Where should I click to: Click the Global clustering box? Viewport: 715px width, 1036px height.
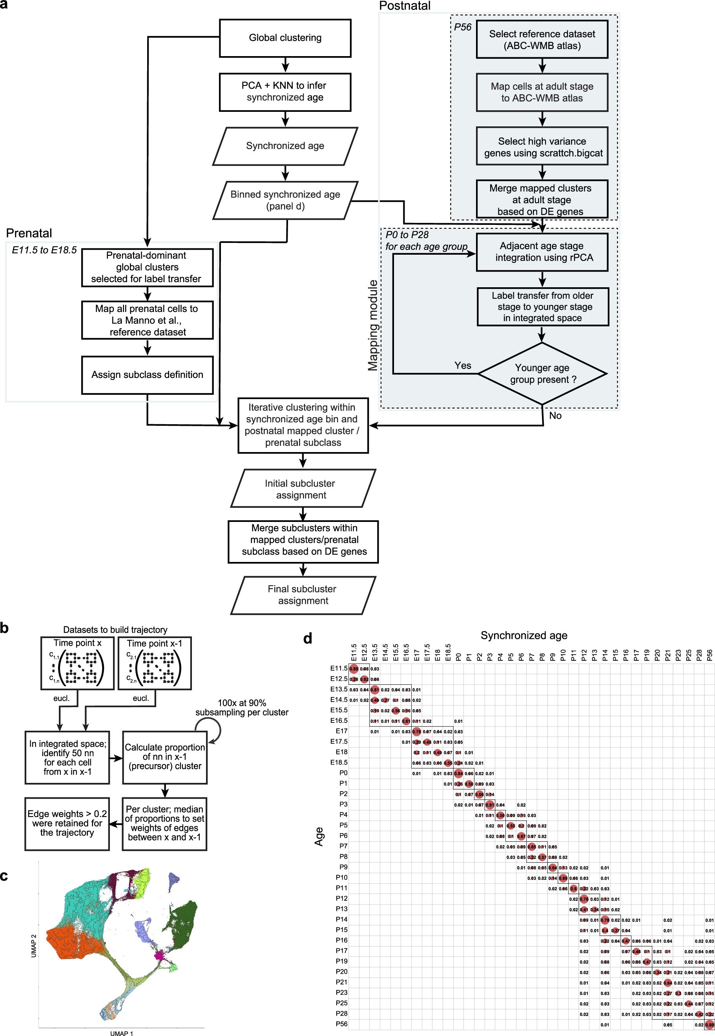coord(285,38)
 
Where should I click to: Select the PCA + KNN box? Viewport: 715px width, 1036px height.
coord(285,92)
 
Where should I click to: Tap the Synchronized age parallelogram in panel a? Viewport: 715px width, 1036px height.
coord(285,146)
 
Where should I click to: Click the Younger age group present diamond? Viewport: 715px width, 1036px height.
coord(542,374)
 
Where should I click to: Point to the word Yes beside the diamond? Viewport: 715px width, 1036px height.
coord(462,365)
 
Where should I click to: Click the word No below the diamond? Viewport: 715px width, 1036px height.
coord(555,416)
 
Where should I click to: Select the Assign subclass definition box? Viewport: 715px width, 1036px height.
coord(147,375)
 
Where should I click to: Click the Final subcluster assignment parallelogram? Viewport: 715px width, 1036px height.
coord(303,595)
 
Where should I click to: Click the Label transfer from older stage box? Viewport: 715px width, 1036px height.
coord(542,307)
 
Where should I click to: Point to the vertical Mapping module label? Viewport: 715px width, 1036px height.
coord(373,325)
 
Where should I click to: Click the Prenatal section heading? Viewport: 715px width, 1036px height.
coord(29,233)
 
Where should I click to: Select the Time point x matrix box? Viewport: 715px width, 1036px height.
coord(77,663)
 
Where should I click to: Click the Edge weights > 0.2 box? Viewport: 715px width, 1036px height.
coord(67,823)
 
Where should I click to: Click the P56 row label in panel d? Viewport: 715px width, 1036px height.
coord(341,1024)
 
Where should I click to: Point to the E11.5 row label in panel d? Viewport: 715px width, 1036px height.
coord(339,668)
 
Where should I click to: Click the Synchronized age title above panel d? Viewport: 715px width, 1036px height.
coord(524,635)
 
